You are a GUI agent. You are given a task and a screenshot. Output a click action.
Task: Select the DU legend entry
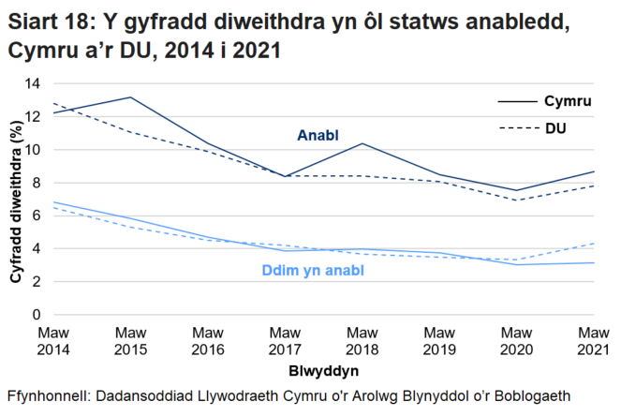pos(555,126)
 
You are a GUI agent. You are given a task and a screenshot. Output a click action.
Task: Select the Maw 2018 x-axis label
pos(361,340)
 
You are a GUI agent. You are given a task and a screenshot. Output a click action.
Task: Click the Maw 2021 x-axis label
pos(591,340)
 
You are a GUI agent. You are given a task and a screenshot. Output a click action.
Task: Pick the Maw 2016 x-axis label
pos(207,340)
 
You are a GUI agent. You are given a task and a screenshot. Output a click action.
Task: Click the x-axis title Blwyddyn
pos(321,370)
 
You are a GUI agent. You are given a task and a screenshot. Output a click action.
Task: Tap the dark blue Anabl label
pos(318,135)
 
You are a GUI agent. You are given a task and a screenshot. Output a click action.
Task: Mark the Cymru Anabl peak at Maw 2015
pos(130,97)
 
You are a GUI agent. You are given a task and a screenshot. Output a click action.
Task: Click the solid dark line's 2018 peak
pos(361,143)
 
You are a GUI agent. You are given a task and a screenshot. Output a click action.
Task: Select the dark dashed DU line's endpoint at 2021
pos(591,186)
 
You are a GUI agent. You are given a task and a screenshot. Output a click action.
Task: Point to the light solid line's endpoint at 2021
pos(591,262)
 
